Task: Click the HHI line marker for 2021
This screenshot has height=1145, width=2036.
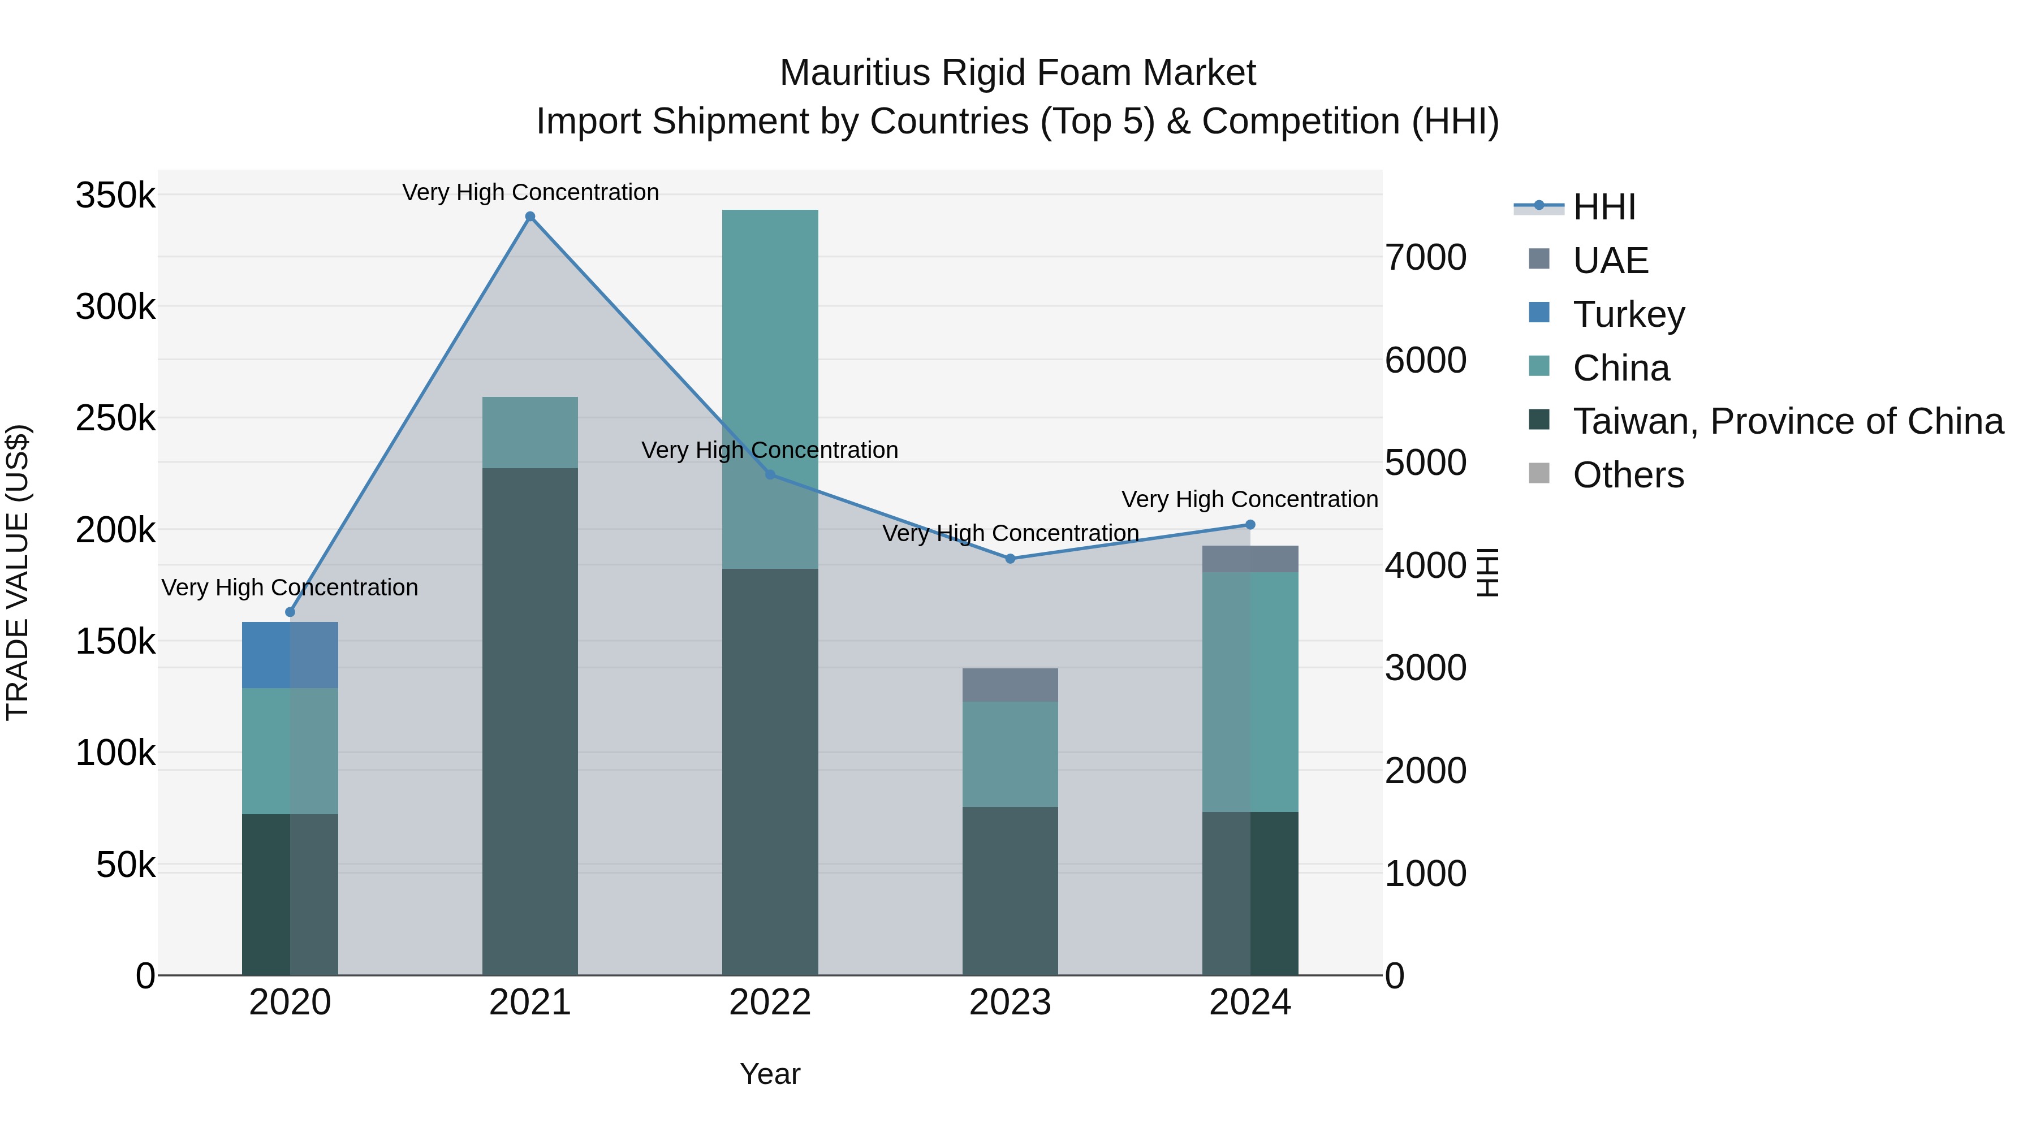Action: click(530, 217)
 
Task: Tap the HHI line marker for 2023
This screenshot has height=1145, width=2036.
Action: click(1010, 559)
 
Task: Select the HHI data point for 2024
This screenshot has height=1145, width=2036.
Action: click(1249, 525)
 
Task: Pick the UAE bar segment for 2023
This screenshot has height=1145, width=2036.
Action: click(1010, 685)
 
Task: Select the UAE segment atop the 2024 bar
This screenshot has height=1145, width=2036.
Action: click(1249, 559)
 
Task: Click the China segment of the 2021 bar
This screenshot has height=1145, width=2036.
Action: click(530, 432)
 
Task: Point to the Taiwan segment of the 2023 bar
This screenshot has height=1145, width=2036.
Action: click(1010, 891)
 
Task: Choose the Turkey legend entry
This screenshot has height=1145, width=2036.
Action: click(1628, 314)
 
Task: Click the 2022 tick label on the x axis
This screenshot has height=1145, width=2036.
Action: click(770, 1003)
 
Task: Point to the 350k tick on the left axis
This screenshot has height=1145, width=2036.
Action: click(115, 195)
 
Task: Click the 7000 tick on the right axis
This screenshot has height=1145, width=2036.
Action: click(1426, 258)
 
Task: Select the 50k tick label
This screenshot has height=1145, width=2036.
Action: click(126, 865)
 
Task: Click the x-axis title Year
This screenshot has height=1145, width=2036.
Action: click(770, 1074)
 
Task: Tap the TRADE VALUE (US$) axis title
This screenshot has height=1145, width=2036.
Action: click(19, 572)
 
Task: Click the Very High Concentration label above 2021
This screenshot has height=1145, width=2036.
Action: click(530, 192)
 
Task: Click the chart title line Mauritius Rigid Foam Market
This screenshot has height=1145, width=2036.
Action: click(1017, 73)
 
